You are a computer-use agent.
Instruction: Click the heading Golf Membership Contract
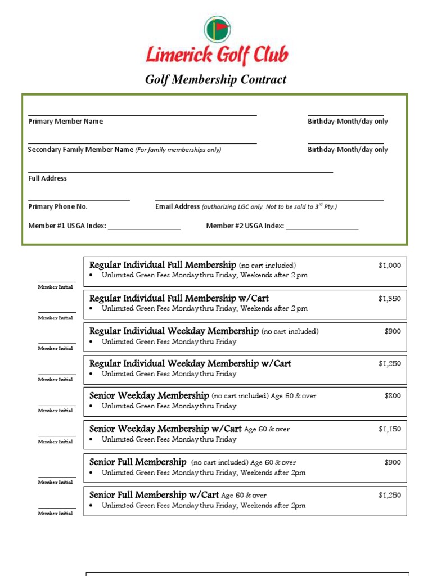coord(216,79)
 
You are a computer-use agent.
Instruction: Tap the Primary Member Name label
coord(65,121)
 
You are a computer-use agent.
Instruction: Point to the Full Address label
coord(47,178)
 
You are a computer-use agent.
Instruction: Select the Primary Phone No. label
coord(58,206)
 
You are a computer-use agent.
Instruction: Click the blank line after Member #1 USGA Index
coord(144,228)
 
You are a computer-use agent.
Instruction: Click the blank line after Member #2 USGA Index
coord(322,228)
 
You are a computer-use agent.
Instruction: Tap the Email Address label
coord(177,206)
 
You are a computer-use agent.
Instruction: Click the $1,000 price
coord(390,265)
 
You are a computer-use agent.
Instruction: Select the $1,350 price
coord(390,299)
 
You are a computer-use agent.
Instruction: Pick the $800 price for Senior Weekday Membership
coord(393,396)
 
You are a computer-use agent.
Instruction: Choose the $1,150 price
coord(390,429)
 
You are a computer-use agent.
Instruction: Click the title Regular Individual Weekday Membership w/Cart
coord(190,364)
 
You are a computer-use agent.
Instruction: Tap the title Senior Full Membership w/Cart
coord(154,495)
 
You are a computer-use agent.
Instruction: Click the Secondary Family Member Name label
coord(81,150)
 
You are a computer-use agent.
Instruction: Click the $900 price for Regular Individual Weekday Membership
coord(393,331)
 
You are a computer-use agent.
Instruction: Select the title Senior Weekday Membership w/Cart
coord(165,429)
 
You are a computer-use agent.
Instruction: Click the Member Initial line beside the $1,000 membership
coord(57,281)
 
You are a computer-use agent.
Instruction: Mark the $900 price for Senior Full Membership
coord(393,462)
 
